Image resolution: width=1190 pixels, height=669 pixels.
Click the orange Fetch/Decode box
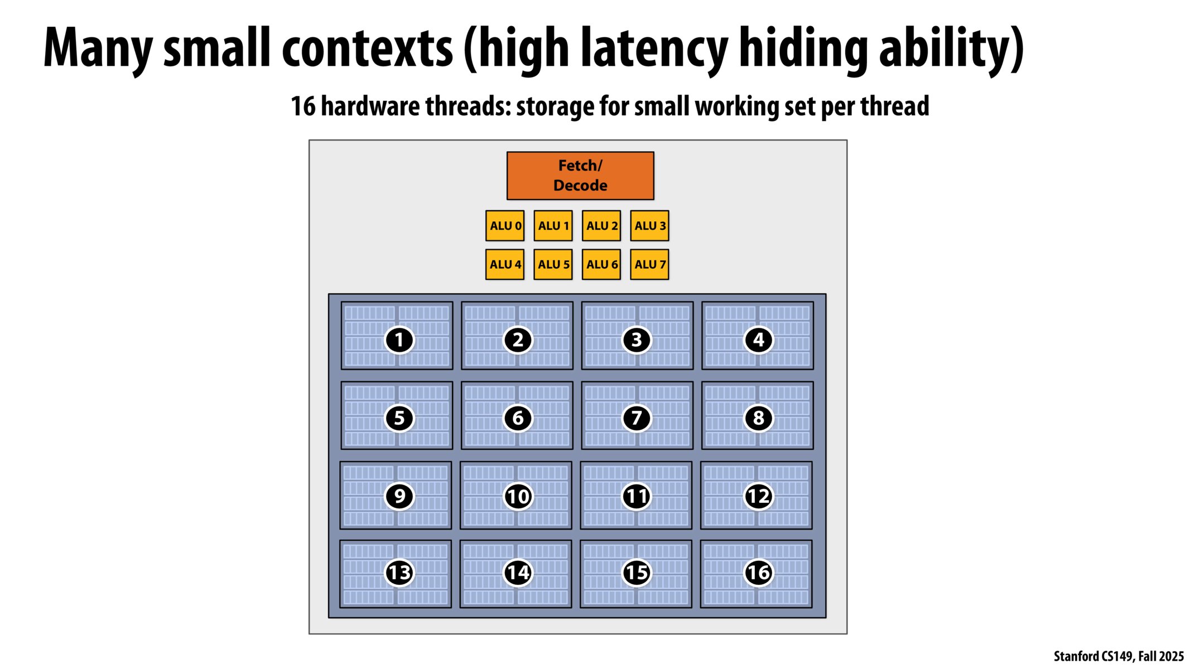coord(580,176)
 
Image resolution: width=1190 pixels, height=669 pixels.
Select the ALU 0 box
coord(504,226)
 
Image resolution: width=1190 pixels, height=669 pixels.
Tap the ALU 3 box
coord(649,226)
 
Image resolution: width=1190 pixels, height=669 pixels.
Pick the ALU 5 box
coord(553,264)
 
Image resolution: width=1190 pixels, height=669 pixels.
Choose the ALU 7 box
coord(649,264)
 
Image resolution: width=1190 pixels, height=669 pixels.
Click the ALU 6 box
coord(601,264)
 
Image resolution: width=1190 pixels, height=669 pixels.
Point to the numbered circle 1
coord(399,340)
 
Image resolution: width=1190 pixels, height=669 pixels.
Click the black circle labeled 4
coord(758,340)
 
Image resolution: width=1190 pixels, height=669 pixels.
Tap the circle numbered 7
coord(637,418)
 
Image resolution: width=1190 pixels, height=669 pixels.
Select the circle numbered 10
coord(518,496)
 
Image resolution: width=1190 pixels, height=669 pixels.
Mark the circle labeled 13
coord(399,573)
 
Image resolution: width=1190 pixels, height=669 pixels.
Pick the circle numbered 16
coord(758,573)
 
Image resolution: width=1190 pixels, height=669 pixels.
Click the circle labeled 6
coord(518,418)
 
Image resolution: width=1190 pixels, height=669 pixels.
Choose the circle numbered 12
coord(758,496)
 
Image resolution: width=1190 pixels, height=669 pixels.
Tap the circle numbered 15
coord(637,573)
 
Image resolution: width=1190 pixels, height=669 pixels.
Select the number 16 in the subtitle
coord(303,106)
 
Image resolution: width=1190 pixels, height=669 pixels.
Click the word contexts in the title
coord(367,49)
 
